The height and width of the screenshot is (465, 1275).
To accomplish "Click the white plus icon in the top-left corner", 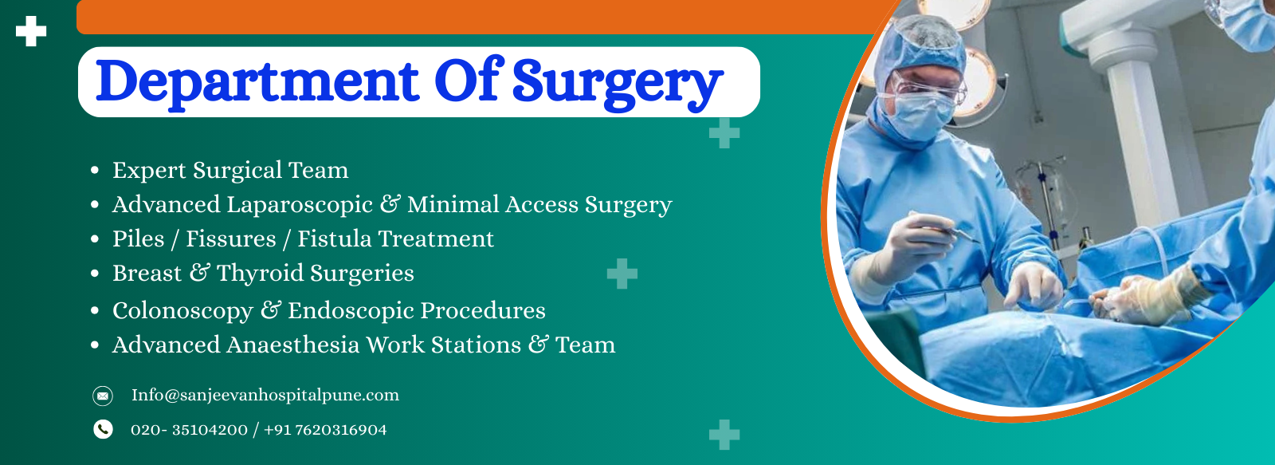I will point(31,31).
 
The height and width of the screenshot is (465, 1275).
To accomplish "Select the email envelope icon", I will point(103,396).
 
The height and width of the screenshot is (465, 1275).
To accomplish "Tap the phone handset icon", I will point(103,429).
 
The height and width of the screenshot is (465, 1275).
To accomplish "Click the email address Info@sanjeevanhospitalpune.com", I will point(265,395).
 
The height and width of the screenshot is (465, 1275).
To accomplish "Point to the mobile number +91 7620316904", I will point(325,430).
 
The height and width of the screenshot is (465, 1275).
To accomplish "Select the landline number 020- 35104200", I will point(189,430).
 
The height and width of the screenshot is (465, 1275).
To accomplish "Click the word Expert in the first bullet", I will point(149,171).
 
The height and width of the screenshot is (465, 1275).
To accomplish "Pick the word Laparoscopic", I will point(299,205).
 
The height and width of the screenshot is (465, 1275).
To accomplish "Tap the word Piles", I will point(138,238).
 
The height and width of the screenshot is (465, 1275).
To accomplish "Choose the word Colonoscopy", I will point(182,310).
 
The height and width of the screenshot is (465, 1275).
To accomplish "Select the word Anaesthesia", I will point(292,345).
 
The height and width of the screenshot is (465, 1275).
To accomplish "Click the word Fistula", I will point(334,238).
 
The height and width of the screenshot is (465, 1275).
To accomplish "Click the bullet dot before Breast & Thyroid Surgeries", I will point(95,274).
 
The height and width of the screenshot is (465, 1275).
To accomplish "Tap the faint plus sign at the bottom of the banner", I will point(724,435).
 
